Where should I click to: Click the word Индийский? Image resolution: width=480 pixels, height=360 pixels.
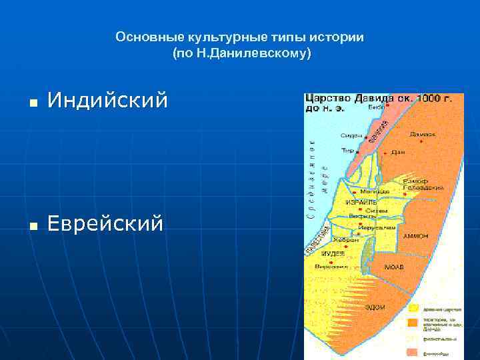pos(107,101)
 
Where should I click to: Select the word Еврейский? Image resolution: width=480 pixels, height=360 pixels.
pos(105,224)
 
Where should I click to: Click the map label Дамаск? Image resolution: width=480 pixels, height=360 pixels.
pos(422,134)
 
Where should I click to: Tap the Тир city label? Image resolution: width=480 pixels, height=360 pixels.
pos(347,151)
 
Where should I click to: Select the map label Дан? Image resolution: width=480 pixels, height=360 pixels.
pos(399,152)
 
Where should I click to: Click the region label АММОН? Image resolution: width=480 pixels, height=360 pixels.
pos(415,237)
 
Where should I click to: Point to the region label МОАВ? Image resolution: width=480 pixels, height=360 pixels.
pos(393,267)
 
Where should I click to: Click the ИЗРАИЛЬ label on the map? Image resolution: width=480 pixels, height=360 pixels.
pos(361,201)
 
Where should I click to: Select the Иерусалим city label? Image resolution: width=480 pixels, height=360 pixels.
pos(377,227)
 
